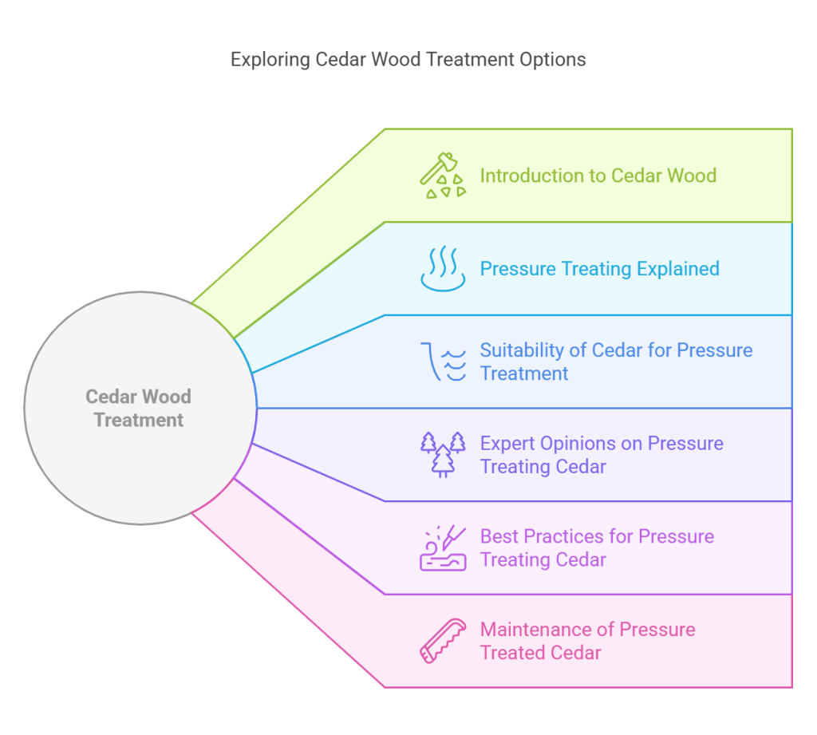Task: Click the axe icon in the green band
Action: [x=443, y=176]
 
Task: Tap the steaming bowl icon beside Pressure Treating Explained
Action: [x=443, y=269]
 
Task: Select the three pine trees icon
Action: [x=443, y=454]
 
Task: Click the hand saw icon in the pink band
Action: [x=443, y=641]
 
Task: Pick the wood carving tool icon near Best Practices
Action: [x=443, y=548]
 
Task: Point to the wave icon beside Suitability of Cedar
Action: [x=443, y=362]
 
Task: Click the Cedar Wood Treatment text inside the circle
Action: [x=139, y=408]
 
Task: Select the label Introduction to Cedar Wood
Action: [x=598, y=176]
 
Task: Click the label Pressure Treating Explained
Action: [x=599, y=269]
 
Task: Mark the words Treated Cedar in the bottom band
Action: [x=540, y=653]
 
